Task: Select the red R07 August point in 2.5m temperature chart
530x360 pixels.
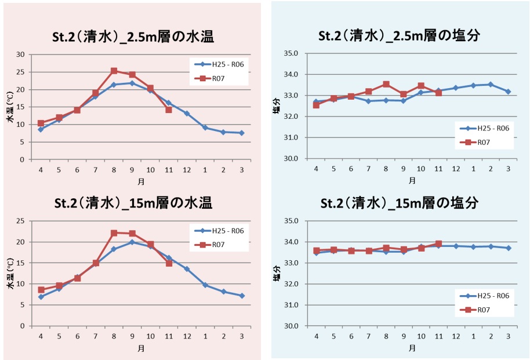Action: pos(114,71)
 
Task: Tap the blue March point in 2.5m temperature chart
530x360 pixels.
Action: pos(241,133)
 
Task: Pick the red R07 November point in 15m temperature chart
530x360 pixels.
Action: pos(169,263)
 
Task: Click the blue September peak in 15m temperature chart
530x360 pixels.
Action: pos(132,242)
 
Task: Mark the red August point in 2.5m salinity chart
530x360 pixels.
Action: pos(386,85)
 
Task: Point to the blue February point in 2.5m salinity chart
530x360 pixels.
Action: pos(491,84)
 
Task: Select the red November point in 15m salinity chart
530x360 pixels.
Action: pos(438,244)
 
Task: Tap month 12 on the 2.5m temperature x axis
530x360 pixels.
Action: pos(187,169)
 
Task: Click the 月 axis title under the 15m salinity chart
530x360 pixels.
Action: pos(412,348)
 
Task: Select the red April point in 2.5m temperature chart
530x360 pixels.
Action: pos(41,123)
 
